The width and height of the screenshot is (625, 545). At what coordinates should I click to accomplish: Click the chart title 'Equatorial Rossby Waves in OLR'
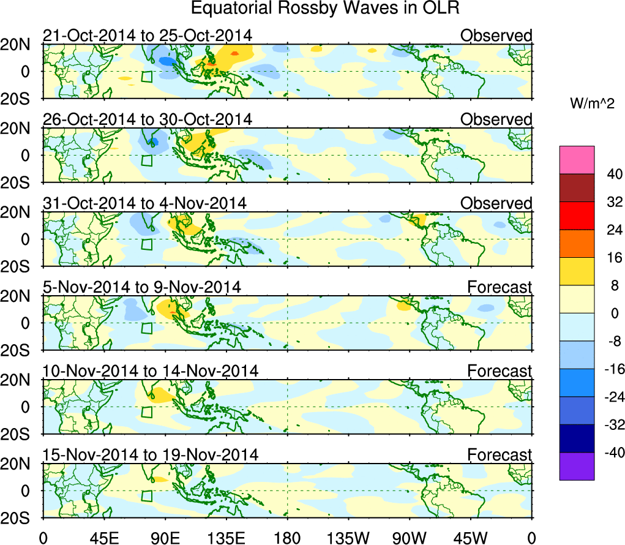click(x=325, y=9)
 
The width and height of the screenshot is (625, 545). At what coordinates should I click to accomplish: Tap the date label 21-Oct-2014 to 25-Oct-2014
click(x=147, y=36)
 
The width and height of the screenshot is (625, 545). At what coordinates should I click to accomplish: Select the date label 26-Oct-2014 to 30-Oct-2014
click(x=147, y=119)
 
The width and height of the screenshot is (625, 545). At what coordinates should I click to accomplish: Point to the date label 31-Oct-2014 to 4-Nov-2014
click(x=144, y=203)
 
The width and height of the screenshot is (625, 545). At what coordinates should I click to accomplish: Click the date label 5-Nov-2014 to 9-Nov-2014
click(x=141, y=287)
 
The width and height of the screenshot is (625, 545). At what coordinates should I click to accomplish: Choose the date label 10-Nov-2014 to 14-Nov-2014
click(x=150, y=370)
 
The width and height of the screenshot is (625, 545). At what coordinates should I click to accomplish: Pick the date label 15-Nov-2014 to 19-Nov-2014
click(x=150, y=454)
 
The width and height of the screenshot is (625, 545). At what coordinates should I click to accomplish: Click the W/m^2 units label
click(x=591, y=104)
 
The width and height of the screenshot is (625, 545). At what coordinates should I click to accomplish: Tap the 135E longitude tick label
click(x=226, y=538)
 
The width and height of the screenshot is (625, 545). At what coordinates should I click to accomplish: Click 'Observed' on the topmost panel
click(x=496, y=36)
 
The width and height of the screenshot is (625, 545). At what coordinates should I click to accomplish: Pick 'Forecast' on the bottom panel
click(x=500, y=454)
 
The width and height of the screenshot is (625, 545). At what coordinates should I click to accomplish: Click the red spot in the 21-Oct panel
click(x=210, y=64)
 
